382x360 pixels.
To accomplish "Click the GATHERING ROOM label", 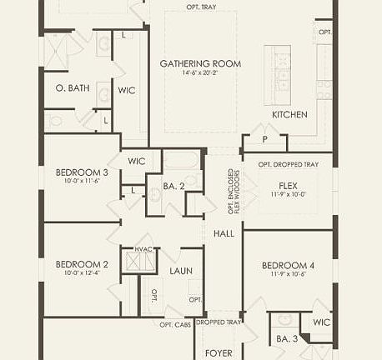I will click(x=200, y=63).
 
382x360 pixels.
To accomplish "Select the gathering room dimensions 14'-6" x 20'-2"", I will click(x=200, y=73).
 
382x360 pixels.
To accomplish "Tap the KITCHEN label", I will click(x=289, y=114).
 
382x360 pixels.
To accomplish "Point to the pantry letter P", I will click(x=264, y=139).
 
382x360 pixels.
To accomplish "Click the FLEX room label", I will click(x=287, y=185).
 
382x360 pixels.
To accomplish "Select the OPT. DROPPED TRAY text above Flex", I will click(x=288, y=164).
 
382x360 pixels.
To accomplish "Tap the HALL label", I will click(x=224, y=234).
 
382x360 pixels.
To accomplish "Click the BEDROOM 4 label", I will click(x=288, y=262).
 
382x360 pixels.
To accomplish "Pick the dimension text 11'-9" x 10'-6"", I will click(x=288, y=272).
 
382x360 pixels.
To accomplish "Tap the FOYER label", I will click(x=219, y=352).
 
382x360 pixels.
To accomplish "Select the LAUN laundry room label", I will click(x=181, y=271).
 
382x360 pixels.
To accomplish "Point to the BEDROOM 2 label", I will click(x=78, y=263).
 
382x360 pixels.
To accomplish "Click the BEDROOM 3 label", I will click(x=78, y=172).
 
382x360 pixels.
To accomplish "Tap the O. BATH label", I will click(x=72, y=87).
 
